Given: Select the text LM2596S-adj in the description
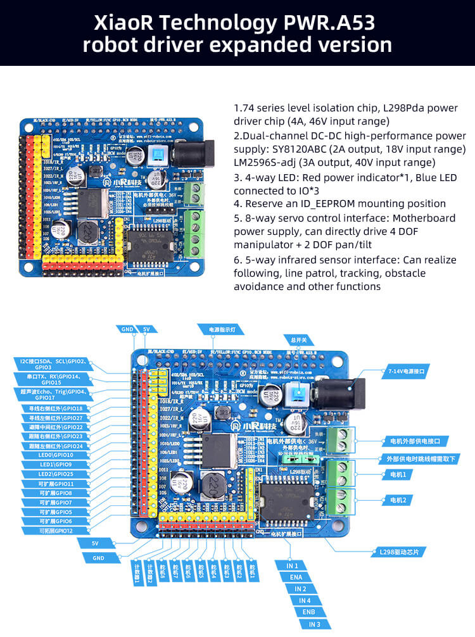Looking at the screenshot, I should (263, 163).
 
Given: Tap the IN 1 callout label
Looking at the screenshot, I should (292, 565).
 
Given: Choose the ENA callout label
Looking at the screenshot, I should (296, 577).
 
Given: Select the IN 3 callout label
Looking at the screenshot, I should (314, 624).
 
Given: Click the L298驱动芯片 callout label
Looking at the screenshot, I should (398, 552).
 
